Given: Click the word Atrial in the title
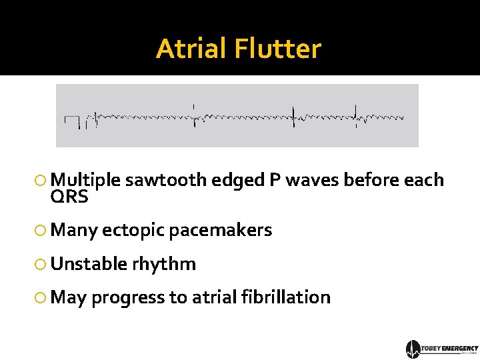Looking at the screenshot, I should pyautogui.click(x=191, y=49).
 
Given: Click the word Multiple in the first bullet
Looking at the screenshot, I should pyautogui.click(x=85, y=180).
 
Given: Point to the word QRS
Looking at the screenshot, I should pyautogui.click(x=69, y=197).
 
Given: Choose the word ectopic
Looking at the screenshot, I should pyautogui.click(x=135, y=231).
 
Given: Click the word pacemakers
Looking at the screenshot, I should pyautogui.click(x=221, y=231).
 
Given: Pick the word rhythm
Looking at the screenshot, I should pyautogui.click(x=164, y=264).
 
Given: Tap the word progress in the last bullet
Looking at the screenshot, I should pyautogui.click(x=130, y=298).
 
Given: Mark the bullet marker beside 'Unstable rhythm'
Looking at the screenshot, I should pyautogui.click(x=41, y=265).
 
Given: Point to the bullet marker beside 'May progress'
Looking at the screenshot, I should pyautogui.click(x=41, y=298).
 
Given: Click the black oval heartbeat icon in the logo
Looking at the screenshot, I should pyautogui.click(x=413, y=349).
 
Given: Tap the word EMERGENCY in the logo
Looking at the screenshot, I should pyautogui.click(x=460, y=348).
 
